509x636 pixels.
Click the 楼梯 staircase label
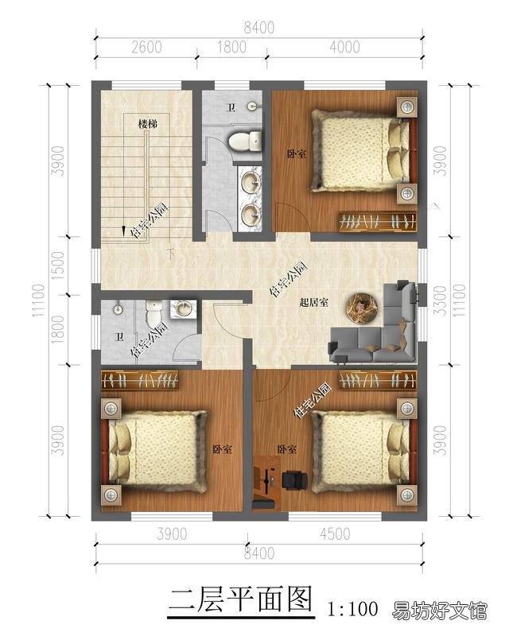pyautogui.click(x=148, y=123)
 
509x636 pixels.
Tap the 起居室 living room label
pyautogui.click(x=314, y=302)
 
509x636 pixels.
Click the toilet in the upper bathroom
pyautogui.click(x=245, y=142)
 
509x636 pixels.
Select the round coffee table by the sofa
pyautogui.click(x=362, y=308)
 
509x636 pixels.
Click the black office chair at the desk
pyautogui.click(x=294, y=480)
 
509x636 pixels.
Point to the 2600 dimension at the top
pyautogui.click(x=146, y=47)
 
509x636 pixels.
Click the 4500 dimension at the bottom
pyautogui.click(x=335, y=533)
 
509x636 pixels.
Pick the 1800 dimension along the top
pyautogui.click(x=231, y=47)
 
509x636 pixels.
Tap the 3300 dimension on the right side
pyautogui.click(x=440, y=301)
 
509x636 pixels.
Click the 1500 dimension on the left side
pyautogui.click(x=58, y=266)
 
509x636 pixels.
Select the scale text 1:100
pyautogui.click(x=353, y=608)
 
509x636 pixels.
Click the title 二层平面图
pyautogui.click(x=241, y=599)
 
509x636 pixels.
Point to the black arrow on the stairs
pyautogui.click(x=123, y=230)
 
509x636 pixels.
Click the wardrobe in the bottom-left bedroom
pyautogui.click(x=140, y=381)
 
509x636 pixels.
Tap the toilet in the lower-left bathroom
pyautogui.click(x=153, y=314)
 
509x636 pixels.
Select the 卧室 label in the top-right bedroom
pyautogui.click(x=297, y=154)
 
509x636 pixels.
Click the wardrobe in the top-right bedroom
pyautogui.click(x=378, y=222)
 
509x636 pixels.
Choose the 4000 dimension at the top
pyautogui.click(x=344, y=47)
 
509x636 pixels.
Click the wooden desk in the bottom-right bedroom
pyautogui.click(x=266, y=482)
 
